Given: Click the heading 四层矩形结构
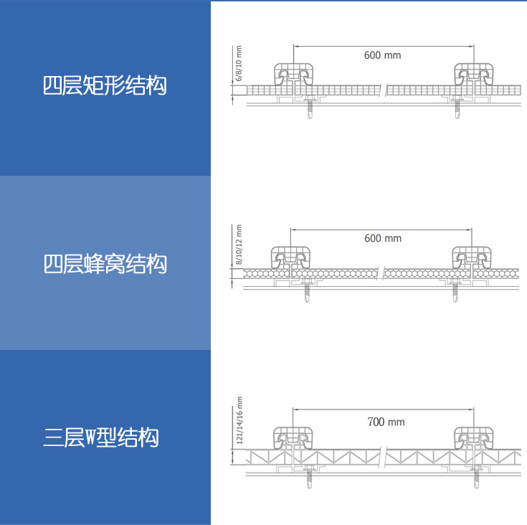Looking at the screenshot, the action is [x=105, y=85].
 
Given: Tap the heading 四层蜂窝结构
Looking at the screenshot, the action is [x=105, y=264].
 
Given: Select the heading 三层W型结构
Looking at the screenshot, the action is [x=101, y=437].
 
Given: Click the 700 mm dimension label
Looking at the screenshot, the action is [x=386, y=422].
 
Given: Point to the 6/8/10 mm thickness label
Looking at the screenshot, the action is [x=239, y=64].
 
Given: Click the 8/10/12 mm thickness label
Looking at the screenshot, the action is [x=239, y=245].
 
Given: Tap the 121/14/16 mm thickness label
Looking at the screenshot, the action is [x=239, y=420].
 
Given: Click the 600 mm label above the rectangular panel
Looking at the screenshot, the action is [x=382, y=55].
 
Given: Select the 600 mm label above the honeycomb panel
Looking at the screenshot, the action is [x=383, y=238].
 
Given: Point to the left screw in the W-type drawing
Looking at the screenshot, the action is [x=309, y=477].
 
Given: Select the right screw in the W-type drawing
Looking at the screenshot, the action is [x=476, y=477].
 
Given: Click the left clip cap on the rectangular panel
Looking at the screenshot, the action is [x=294, y=75].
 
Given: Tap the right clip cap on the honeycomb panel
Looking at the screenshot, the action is [x=472, y=257].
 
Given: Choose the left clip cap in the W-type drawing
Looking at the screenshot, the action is [x=293, y=438].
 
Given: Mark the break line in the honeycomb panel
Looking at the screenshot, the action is [x=381, y=273].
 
